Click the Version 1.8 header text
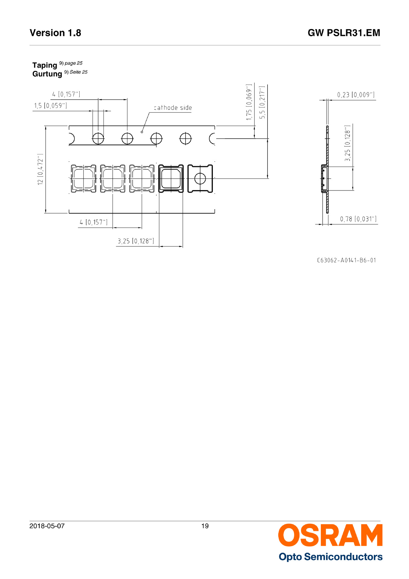click(55, 33)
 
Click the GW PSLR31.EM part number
click(344, 33)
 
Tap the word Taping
click(45, 65)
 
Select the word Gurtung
click(47, 74)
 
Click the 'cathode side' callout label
click(173, 108)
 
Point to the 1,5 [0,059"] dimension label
click(50, 106)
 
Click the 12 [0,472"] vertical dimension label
click(40, 169)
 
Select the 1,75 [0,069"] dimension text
click(249, 102)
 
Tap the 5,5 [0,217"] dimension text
click(262, 102)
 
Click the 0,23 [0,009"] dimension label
click(356, 95)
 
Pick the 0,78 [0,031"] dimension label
click(358, 219)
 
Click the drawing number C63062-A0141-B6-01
click(346, 260)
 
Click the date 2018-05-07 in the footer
click(47, 526)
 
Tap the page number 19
click(205, 526)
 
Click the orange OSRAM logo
click(330, 535)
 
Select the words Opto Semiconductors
click(330, 557)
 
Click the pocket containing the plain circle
click(200, 179)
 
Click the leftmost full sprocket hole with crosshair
click(98, 139)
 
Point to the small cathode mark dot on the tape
click(142, 132)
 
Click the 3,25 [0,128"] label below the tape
click(136, 241)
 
